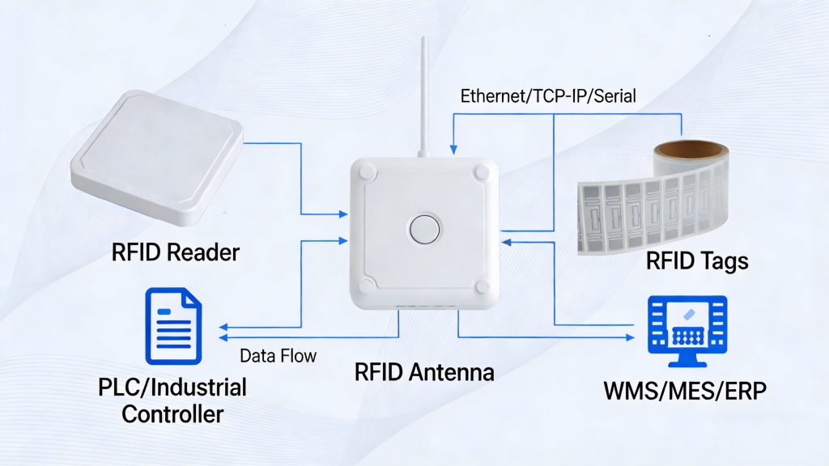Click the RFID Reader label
(175, 252)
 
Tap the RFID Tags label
(696, 261)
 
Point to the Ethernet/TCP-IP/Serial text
(548, 96)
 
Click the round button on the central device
(424, 229)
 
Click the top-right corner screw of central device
(483, 172)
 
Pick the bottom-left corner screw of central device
(367, 286)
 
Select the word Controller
(172, 414)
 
